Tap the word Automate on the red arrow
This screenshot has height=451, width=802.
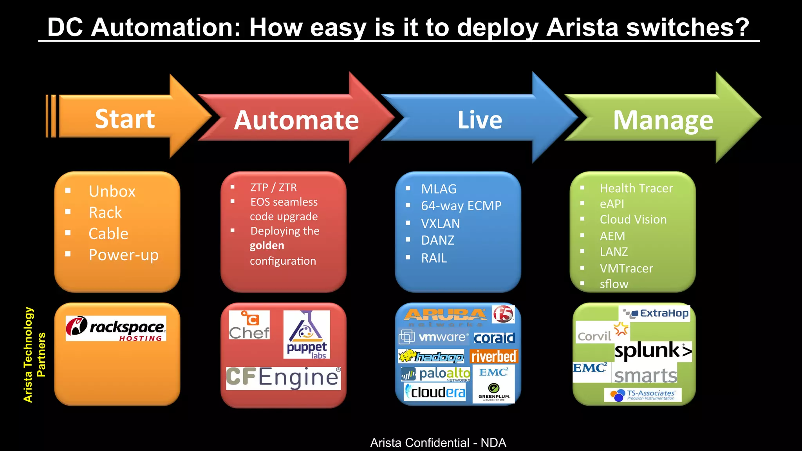[x=296, y=120]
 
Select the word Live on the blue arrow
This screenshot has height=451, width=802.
[x=480, y=120]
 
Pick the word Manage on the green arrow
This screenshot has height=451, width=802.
[x=663, y=121]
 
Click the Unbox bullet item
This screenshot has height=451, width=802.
[x=112, y=191]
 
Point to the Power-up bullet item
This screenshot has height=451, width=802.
[x=123, y=255]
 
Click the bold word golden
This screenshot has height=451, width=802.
[x=267, y=246]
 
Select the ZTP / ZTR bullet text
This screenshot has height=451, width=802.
[x=273, y=188]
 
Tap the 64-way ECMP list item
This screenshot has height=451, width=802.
[x=461, y=206]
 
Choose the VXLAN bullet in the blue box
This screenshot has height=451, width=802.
[x=441, y=224]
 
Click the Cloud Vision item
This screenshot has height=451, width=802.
[x=633, y=220]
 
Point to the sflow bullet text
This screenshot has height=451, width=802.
[x=614, y=284]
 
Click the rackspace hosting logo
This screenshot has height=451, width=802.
[x=116, y=328]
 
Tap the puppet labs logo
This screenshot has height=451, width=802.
[x=307, y=335]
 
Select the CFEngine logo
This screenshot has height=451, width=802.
[x=283, y=378]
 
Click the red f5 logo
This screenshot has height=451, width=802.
[x=503, y=314]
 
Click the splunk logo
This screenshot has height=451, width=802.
[x=652, y=350]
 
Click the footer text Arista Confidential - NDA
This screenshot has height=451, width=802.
[x=438, y=443]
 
